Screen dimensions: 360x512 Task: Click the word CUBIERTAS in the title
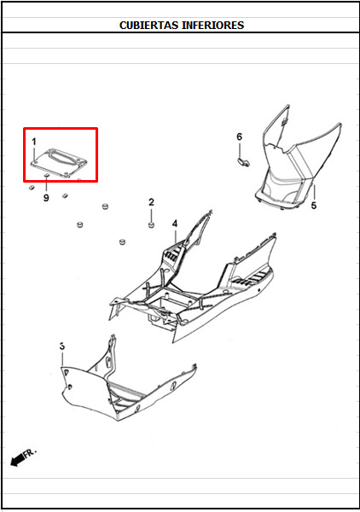coord(149,25)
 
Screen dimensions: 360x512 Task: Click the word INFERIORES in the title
coord(212,25)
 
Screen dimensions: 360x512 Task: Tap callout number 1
coord(33,142)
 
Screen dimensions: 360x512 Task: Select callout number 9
coord(46,198)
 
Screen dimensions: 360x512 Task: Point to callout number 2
coord(151,202)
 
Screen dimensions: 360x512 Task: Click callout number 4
coord(175,224)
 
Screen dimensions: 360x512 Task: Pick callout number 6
coord(239,137)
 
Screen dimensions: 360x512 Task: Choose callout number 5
coord(314,206)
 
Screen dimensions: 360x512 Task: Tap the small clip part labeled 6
coord(242,161)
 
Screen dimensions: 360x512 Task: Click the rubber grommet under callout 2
coord(151,225)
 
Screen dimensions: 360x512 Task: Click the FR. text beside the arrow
coord(31,453)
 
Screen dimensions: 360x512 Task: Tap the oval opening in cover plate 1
coord(64,157)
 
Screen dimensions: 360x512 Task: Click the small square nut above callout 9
coord(46,176)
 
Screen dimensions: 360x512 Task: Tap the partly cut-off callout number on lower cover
coord(62,346)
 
